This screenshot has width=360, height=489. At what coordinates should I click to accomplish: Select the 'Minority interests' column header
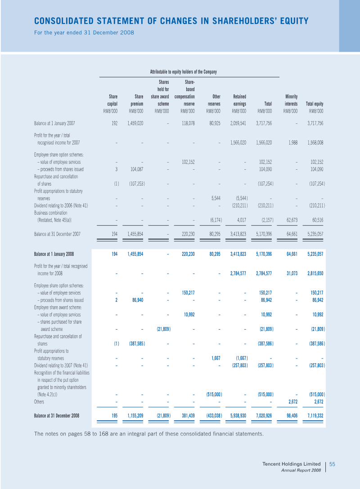pyautogui.click(x=291, y=100)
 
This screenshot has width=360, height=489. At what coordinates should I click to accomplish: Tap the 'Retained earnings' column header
pyautogui.click(x=239, y=100)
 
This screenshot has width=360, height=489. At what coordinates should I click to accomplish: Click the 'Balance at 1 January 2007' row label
pyautogui.click(x=54, y=123)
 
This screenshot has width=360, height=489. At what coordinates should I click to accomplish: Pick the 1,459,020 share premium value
pyautogui.click(x=135, y=123)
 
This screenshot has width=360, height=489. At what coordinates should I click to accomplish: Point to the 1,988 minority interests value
pyautogui.click(x=292, y=143)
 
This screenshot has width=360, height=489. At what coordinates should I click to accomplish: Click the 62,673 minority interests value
pyautogui.click(x=292, y=220)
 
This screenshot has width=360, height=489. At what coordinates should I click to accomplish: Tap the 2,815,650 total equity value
pyautogui.click(x=315, y=273)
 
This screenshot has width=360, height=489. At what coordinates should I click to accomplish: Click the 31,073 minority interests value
pyautogui.click(x=292, y=273)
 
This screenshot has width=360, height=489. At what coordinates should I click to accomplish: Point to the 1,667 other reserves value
pyautogui.click(x=216, y=358)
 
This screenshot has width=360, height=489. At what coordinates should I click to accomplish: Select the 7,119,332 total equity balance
pyautogui.click(x=315, y=416)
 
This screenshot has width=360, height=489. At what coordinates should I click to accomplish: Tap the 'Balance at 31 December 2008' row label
pyautogui.click(x=56, y=416)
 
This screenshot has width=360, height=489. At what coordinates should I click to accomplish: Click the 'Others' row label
pyautogui.click(x=39, y=402)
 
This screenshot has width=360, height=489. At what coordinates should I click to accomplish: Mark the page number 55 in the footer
pyautogui.click(x=332, y=464)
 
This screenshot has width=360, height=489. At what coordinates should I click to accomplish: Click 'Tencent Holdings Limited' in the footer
pyautogui.click(x=292, y=464)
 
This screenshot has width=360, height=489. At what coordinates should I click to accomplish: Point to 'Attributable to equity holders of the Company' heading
pyautogui.click(x=183, y=72)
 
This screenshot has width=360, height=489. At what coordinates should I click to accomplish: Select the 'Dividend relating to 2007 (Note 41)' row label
pyautogui.click(x=61, y=365)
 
